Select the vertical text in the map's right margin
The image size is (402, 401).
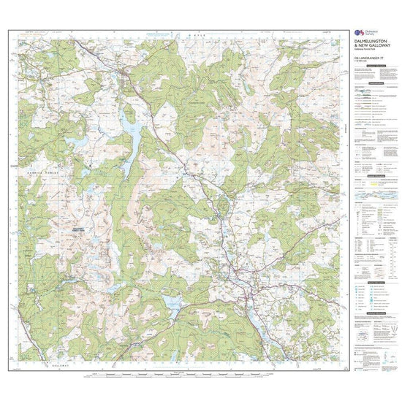click(342, 131)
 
